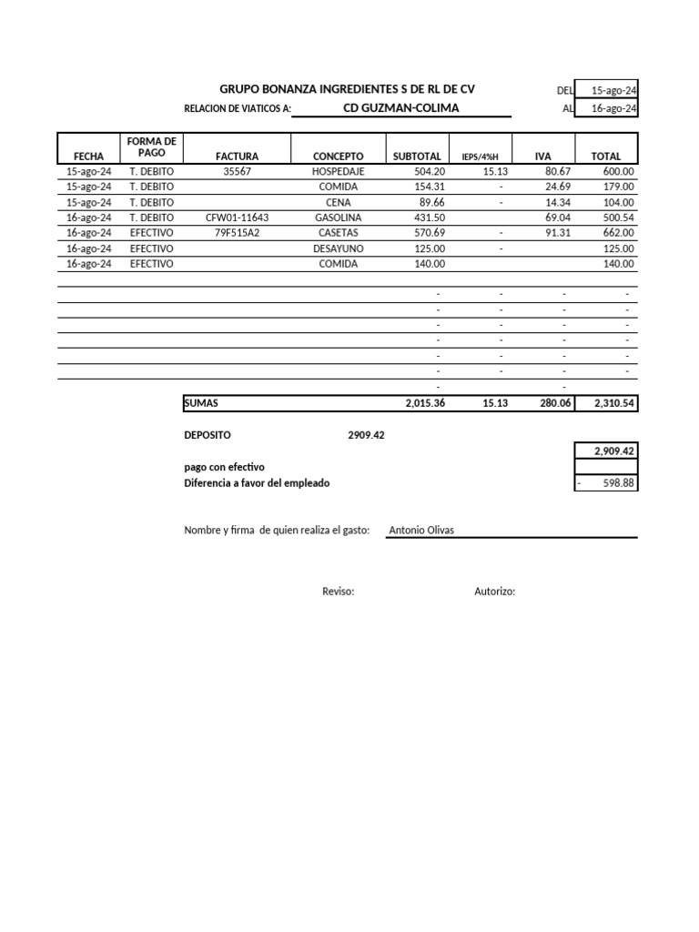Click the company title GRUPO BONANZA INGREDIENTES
pyautogui.click(x=347, y=89)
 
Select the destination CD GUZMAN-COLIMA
pyautogui.click(x=400, y=108)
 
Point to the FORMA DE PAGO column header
pyautogui.click(x=152, y=147)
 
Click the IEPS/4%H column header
pyautogui.click(x=481, y=157)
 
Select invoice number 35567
pyautogui.click(x=237, y=171)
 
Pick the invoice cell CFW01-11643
pyautogui.click(x=237, y=218)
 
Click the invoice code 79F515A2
pyautogui.click(x=237, y=233)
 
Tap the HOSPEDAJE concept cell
pyautogui.click(x=338, y=171)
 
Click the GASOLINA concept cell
pyautogui.click(x=338, y=218)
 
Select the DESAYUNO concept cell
pyautogui.click(x=338, y=248)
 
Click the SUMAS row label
pyautogui.click(x=201, y=403)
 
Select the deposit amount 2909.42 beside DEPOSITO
pyautogui.click(x=366, y=435)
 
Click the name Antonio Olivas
pyautogui.click(x=421, y=530)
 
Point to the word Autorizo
pyautogui.click(x=494, y=592)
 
